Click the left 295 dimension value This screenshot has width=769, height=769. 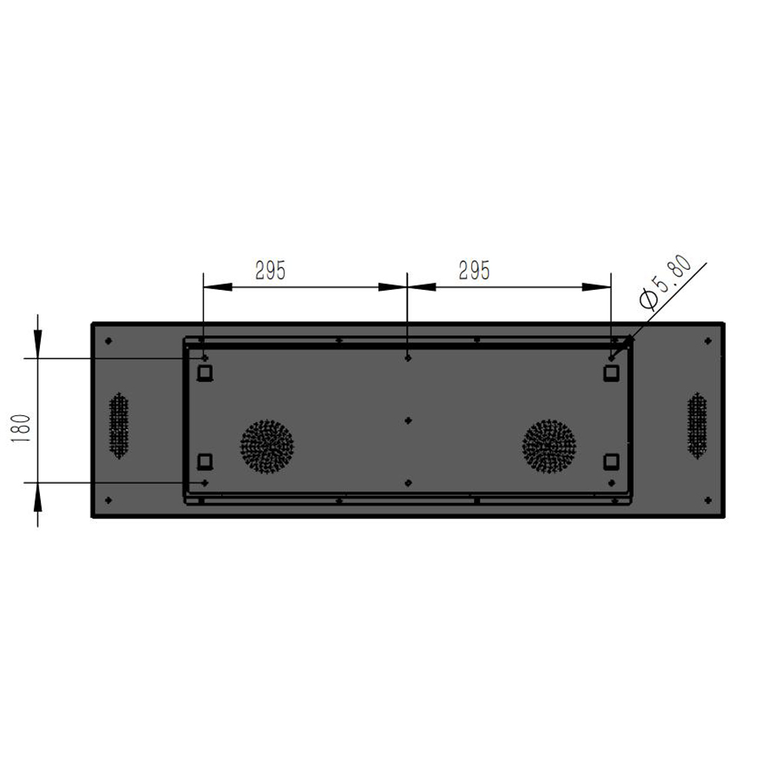click(270, 271)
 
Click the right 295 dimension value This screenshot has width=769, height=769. click(474, 271)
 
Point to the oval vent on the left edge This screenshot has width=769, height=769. click(118, 425)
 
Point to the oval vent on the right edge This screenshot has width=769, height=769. click(697, 425)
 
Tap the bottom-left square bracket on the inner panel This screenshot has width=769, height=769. click(205, 461)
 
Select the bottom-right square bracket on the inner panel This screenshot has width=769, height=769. click(611, 461)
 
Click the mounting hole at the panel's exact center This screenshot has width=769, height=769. click(408, 420)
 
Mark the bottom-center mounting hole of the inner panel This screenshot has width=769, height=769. click(408, 483)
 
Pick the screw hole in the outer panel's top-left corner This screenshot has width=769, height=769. click(108, 341)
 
